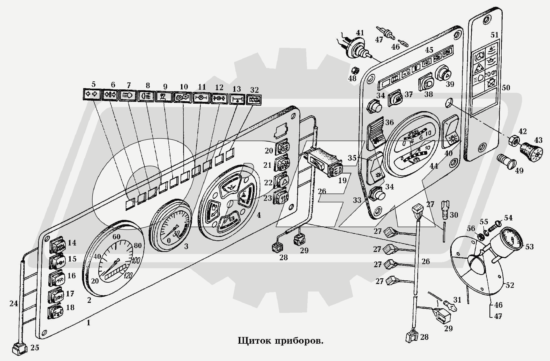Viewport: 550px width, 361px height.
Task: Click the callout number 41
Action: (360, 33)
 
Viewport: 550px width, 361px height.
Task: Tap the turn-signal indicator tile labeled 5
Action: (91, 94)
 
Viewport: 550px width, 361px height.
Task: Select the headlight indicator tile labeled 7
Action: (128, 96)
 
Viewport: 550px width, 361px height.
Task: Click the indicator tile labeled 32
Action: (254, 100)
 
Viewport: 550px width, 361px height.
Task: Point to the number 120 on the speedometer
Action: (128, 276)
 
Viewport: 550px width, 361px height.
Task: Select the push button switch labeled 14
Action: (57, 245)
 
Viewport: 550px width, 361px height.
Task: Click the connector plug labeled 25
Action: (20, 349)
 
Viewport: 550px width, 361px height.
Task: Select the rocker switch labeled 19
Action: (324, 162)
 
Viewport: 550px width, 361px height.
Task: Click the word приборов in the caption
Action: (298, 341)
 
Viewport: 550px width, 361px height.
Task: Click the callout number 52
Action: (510, 285)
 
